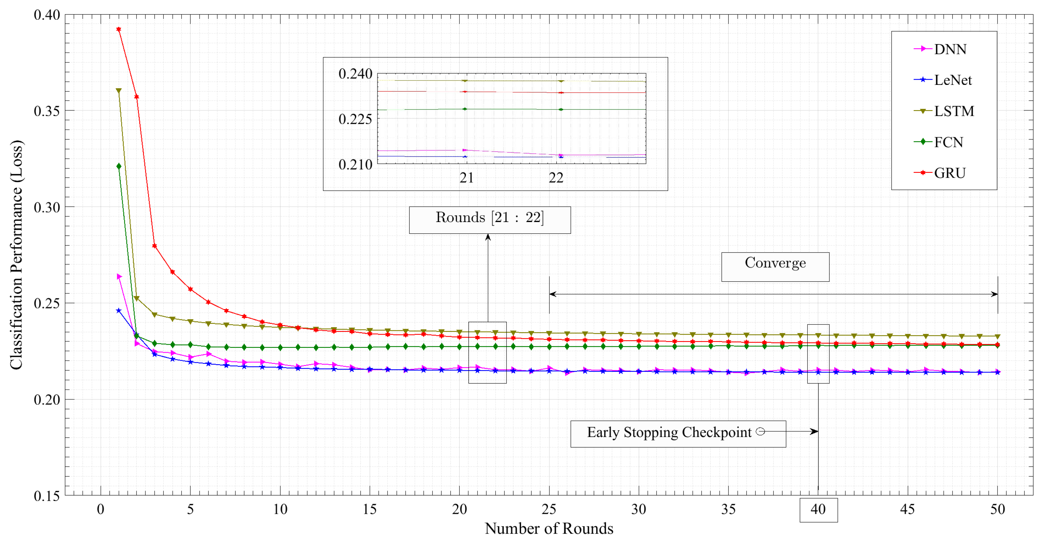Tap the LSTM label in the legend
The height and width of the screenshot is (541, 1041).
click(x=953, y=111)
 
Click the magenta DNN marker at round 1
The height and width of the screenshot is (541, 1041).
click(x=119, y=276)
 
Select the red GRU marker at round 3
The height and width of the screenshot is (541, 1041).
click(x=154, y=246)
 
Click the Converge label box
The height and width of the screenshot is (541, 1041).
click(x=775, y=267)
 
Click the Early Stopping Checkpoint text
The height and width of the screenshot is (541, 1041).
click(x=669, y=433)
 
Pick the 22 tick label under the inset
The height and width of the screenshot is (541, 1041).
click(x=556, y=177)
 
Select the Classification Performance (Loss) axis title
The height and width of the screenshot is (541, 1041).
click(x=17, y=255)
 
